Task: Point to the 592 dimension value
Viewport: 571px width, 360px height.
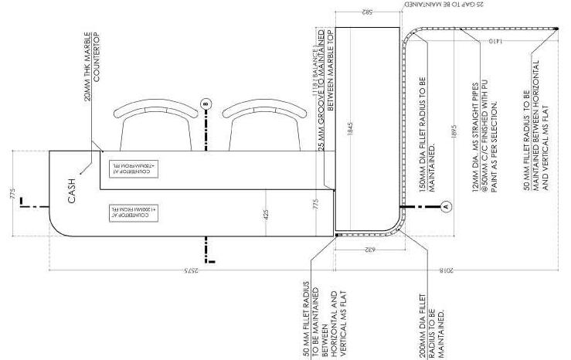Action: tap(365, 12)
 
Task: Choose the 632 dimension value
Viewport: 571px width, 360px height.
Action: tap(365, 249)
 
